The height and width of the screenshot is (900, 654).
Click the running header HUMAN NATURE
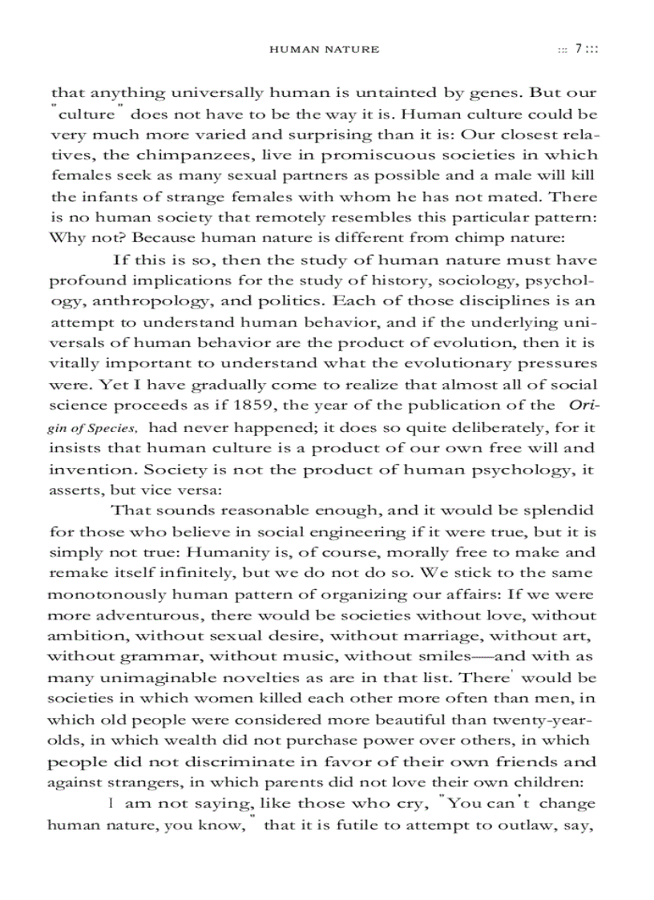pos(324,50)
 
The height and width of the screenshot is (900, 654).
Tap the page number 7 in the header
pos(578,50)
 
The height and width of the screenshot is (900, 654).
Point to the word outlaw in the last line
pos(527,823)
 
